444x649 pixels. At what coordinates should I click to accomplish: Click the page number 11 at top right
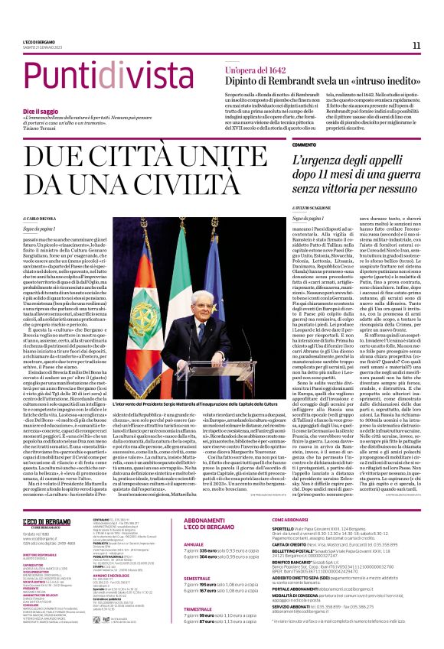pos(416,45)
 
